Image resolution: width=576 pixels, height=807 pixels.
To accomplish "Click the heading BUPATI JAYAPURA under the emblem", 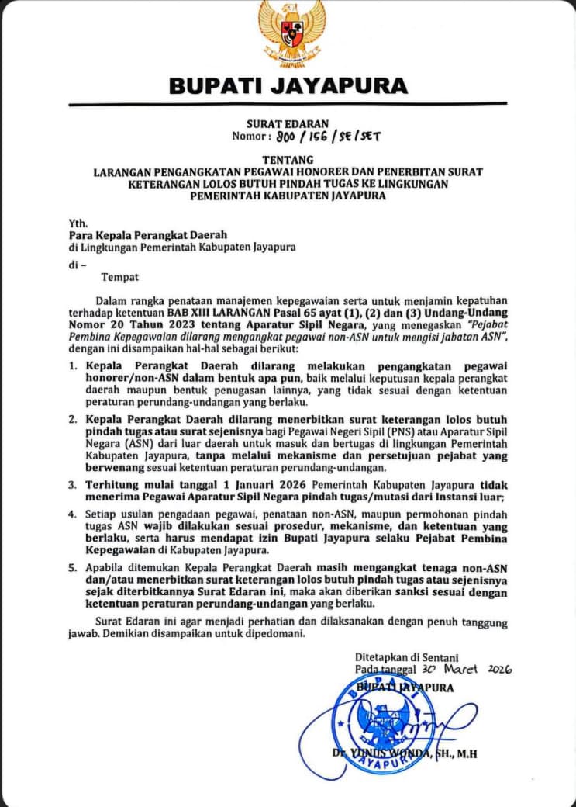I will [288, 85].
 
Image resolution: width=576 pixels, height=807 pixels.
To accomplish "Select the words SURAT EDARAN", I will [288, 123].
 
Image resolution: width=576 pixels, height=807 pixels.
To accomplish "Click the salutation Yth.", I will [78, 223].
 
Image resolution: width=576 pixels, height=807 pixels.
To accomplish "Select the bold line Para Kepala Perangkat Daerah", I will [147, 235].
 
